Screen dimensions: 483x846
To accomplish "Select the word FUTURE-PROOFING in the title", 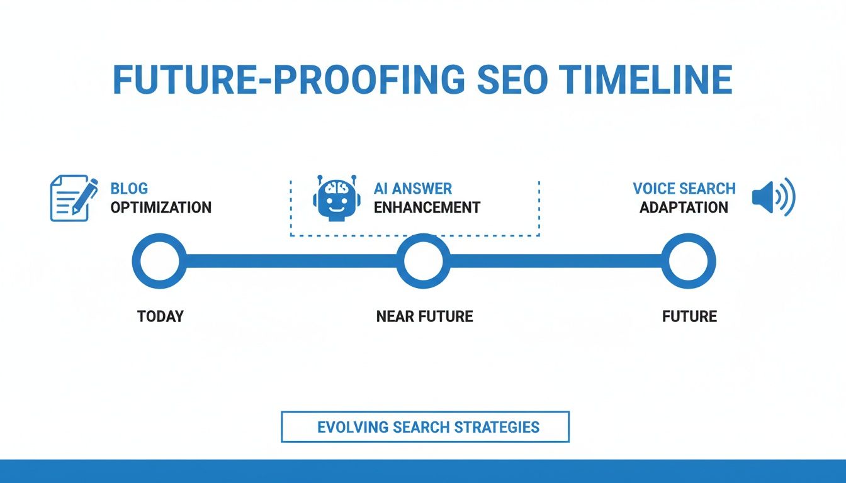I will (x=289, y=80).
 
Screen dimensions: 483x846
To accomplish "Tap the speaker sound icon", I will (x=774, y=197).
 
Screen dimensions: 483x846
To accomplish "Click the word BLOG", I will (x=129, y=188).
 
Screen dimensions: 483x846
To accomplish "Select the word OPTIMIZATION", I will (x=161, y=207).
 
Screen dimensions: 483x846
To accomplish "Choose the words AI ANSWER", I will (x=413, y=188).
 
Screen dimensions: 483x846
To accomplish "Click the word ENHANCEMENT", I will (x=427, y=207).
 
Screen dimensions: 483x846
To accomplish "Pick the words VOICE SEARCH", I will (x=684, y=188).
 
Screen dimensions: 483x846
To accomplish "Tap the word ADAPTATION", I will (x=684, y=207).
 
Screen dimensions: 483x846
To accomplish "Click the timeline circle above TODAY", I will (x=159, y=261).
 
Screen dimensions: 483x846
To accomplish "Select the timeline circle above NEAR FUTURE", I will (x=424, y=261).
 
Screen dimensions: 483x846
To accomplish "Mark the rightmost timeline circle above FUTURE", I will (x=689, y=261).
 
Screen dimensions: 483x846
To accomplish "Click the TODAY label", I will (x=160, y=316).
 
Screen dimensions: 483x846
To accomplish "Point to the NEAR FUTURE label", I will (x=424, y=316).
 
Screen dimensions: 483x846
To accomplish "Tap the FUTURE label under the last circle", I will (x=689, y=316).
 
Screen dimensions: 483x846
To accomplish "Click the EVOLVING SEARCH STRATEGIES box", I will (x=425, y=427).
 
